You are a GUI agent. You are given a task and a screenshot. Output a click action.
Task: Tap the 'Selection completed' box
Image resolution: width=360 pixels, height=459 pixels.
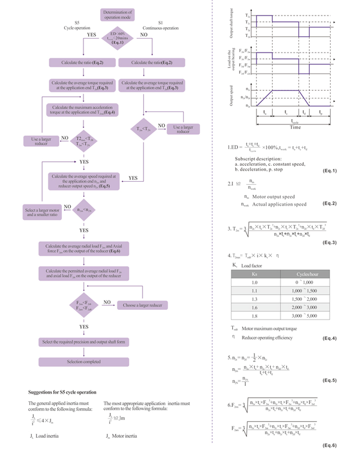83,362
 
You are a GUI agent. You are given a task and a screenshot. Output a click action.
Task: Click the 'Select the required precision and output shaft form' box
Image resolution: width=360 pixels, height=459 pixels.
83,342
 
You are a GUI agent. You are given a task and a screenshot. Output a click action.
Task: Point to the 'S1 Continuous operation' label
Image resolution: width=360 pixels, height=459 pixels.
160,26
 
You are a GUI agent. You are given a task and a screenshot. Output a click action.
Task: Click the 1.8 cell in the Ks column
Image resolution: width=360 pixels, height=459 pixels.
255,314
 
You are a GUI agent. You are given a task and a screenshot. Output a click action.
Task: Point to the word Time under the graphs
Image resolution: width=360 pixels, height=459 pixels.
295,127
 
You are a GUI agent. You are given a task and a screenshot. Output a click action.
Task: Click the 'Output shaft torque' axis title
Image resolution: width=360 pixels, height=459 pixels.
232,23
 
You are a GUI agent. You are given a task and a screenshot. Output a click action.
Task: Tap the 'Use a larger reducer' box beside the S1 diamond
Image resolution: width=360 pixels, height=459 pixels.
183,129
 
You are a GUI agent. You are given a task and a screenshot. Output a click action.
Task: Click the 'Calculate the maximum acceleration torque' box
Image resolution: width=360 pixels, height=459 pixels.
83,109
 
